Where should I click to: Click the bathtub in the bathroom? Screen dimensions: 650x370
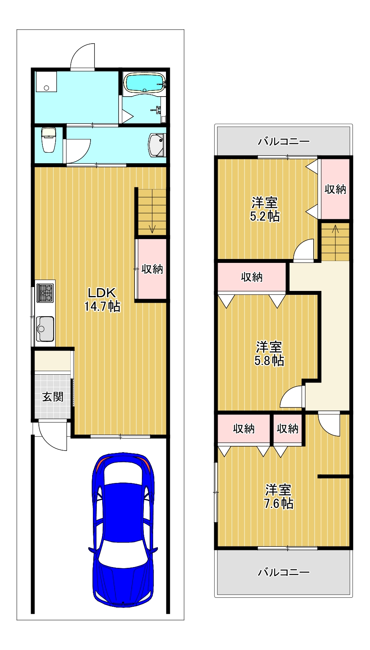(x=144, y=83)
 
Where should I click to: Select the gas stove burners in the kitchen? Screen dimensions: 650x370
(x=45, y=293)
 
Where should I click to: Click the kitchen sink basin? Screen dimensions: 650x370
(x=45, y=329)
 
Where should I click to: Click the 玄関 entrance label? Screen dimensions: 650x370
(x=53, y=397)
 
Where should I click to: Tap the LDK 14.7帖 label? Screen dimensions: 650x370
(x=102, y=299)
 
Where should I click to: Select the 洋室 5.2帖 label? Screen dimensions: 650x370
(x=265, y=209)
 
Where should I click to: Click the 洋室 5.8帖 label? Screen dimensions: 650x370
(x=269, y=353)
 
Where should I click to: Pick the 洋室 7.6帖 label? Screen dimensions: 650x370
(x=278, y=496)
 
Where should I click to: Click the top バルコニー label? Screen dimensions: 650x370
(x=284, y=141)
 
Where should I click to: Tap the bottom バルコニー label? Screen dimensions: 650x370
(x=284, y=572)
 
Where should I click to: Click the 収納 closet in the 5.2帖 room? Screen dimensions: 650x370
(x=335, y=189)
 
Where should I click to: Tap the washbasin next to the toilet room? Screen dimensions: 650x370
(x=157, y=145)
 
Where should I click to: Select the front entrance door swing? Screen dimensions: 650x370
(x=54, y=438)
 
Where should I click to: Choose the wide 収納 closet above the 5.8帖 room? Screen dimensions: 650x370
(x=252, y=277)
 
